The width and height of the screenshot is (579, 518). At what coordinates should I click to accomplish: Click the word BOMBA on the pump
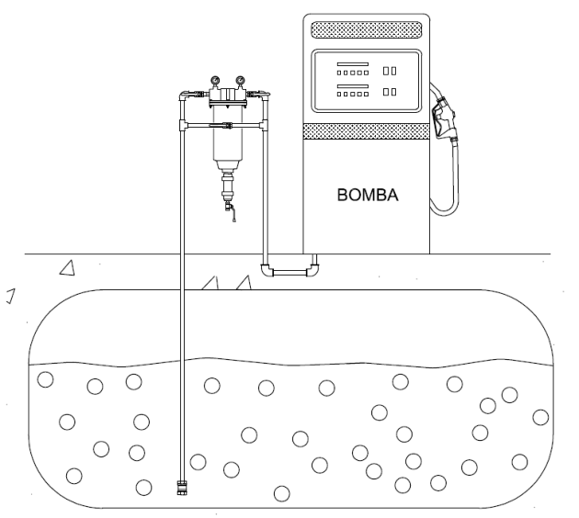(368, 196)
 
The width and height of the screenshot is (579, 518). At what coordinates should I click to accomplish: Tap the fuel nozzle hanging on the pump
(445, 118)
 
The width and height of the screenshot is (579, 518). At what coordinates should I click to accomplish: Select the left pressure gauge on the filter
(215, 80)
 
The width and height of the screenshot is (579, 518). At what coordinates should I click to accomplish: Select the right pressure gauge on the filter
(241, 80)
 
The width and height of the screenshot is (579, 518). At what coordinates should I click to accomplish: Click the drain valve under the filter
(230, 210)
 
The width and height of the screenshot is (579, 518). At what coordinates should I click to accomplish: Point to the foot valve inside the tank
(182, 488)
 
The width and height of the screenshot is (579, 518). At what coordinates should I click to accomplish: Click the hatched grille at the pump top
(367, 30)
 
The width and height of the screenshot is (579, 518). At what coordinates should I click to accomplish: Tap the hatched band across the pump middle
(367, 131)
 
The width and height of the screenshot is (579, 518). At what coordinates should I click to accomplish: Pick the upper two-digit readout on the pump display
(390, 71)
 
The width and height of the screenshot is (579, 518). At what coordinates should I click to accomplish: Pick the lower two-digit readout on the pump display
(390, 92)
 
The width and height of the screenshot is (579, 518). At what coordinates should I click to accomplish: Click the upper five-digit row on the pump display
(353, 73)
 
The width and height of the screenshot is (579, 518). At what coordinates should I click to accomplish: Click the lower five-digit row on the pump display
(353, 94)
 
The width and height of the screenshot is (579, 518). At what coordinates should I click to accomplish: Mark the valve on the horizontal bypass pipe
(221, 126)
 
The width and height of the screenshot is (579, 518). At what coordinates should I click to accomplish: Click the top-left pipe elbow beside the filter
(183, 96)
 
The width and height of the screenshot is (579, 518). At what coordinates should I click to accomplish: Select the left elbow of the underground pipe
(267, 270)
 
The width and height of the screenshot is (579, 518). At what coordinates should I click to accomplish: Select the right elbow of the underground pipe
(313, 270)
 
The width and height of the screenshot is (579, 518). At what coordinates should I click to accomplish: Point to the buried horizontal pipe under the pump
(289, 273)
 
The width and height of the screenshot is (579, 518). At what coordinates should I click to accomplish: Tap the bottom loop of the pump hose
(443, 210)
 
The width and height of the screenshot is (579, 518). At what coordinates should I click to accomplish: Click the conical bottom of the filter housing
(228, 165)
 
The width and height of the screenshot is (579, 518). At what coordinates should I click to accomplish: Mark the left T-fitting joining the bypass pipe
(183, 126)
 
